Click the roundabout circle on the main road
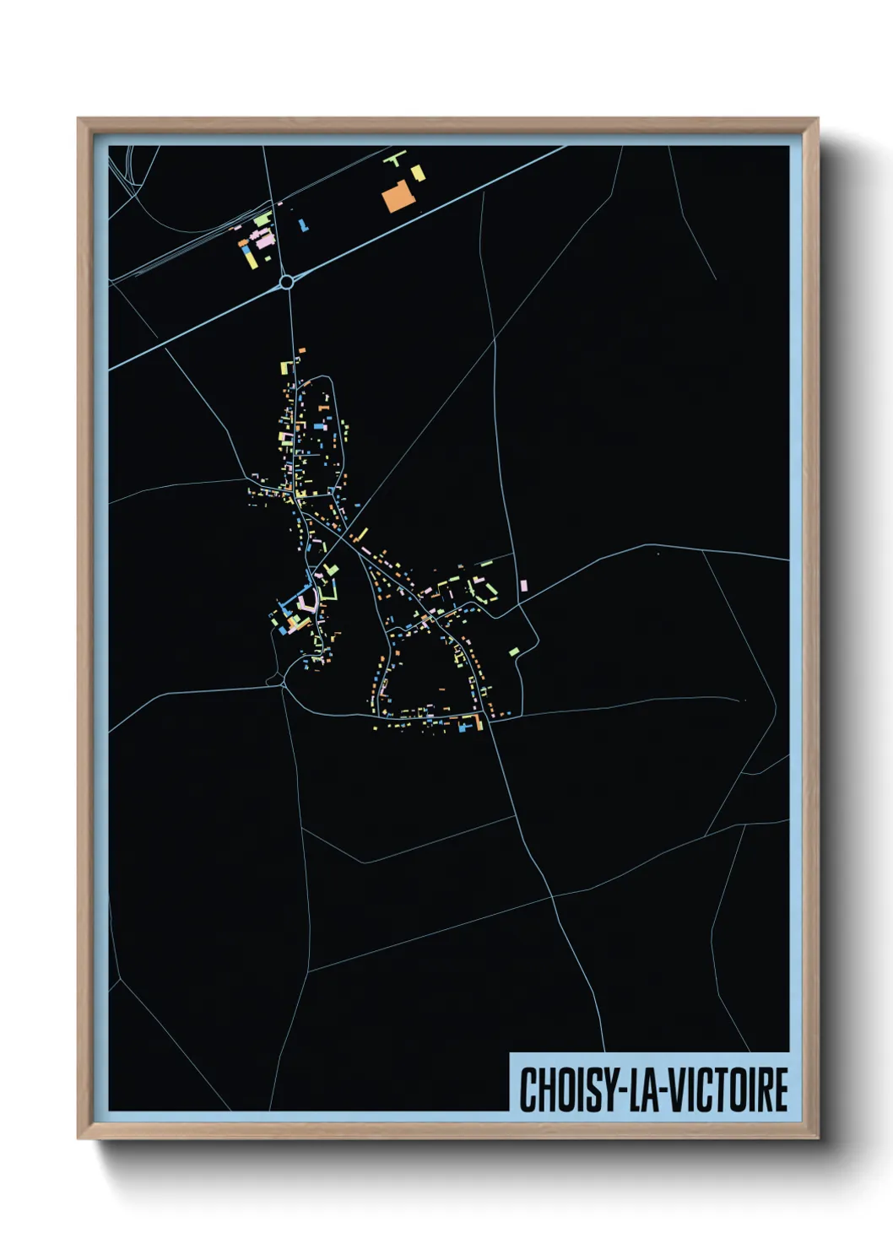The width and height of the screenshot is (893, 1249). (x=286, y=281)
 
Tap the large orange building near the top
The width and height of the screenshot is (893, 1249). (x=395, y=198)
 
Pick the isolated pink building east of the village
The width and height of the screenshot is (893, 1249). (x=523, y=585)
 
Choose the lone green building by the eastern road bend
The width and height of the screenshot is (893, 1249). (x=514, y=652)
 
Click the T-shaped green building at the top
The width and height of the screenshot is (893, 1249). (x=395, y=156)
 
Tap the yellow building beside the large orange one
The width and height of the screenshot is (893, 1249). (x=418, y=172)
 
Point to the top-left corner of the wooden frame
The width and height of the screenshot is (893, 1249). (x=78, y=119)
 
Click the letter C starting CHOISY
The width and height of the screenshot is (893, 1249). (x=528, y=1089)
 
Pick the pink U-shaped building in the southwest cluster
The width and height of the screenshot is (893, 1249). (x=308, y=601)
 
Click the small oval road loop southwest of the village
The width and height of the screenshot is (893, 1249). (x=273, y=679)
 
